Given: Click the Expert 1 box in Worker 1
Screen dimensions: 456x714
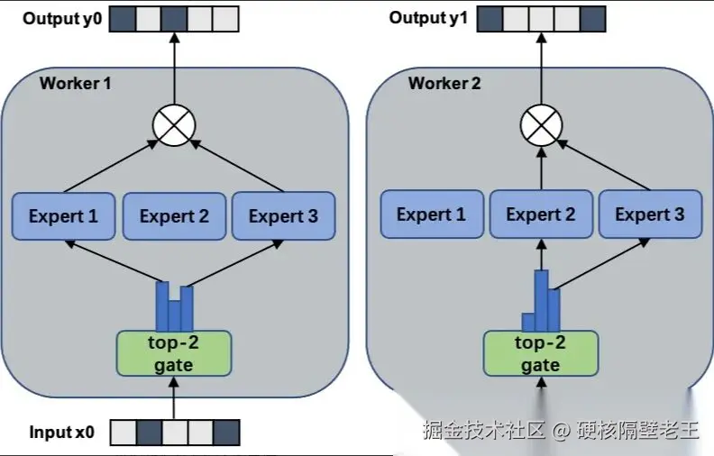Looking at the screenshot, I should [x=63, y=216].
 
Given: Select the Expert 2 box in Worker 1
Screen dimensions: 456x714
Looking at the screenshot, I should [x=173, y=216].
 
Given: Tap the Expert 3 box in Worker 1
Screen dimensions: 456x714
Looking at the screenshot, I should [x=283, y=216].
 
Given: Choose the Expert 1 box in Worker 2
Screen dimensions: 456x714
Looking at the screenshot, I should [x=431, y=214].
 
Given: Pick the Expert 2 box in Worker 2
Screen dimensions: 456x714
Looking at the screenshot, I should [x=540, y=214].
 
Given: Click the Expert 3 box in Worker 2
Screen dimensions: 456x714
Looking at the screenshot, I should [x=649, y=214].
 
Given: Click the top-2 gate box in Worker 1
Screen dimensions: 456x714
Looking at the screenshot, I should [x=173, y=353].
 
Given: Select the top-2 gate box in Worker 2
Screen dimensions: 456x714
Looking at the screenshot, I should [x=540, y=353].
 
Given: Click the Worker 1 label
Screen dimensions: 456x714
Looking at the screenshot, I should [x=76, y=84].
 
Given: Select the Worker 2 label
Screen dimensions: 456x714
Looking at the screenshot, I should [x=444, y=84].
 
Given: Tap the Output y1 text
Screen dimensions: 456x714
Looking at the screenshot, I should [x=428, y=18].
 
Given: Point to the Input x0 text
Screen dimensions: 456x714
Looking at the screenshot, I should [x=61, y=433].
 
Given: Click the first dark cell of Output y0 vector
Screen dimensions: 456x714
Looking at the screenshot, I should [x=123, y=18].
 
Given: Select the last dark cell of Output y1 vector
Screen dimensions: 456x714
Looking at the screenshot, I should [x=593, y=18].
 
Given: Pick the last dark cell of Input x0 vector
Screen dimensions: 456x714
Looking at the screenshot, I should [x=227, y=433].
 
